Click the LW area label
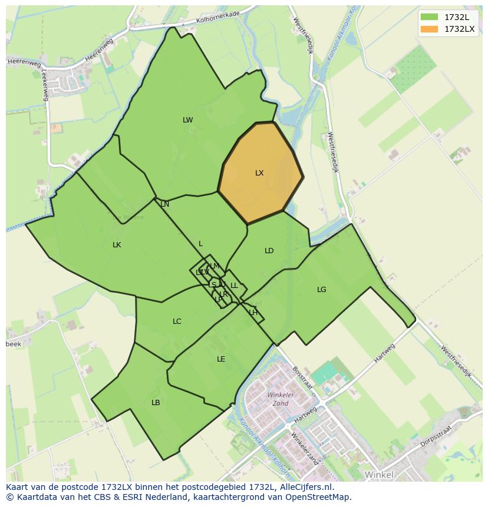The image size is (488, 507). coord(187,120)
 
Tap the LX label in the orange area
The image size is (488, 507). coord(259,173)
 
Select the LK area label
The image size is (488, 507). coord(117,245)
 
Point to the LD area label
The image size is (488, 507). coord(269,251)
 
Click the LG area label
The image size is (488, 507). coord(321,290)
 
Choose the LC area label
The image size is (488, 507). coord(177,322)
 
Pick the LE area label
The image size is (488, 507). coord(220,359)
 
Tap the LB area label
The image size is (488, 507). coord(156,403)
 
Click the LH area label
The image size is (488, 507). coord(253,313)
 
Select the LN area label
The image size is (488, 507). coord(164,204)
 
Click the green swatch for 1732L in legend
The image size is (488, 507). coord(429,17)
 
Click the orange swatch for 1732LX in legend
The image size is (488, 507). coord(429,28)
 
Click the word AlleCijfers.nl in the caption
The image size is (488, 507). coord(307,488)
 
